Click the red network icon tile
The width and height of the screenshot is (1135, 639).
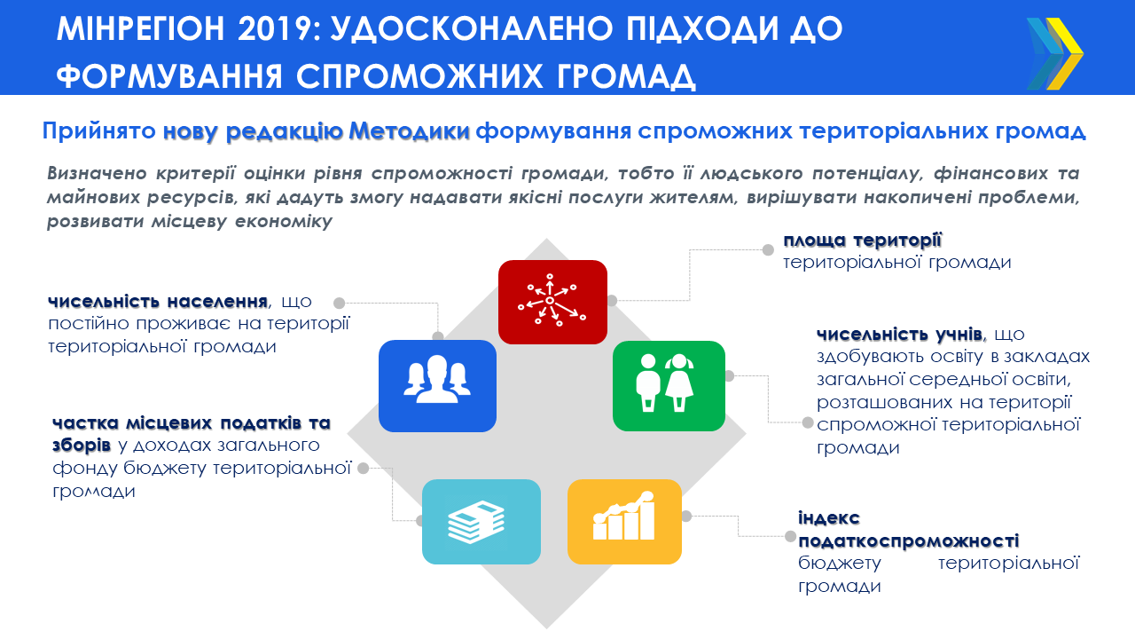tap(552, 303)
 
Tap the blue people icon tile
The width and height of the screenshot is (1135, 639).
tap(437, 386)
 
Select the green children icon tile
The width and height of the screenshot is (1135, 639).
tap(669, 386)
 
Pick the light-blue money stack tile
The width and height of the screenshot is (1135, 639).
tap(481, 522)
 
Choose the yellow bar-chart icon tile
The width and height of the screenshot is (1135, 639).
tap(624, 522)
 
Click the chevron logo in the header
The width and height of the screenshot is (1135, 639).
tap(1054, 54)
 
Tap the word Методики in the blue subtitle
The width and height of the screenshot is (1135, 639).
tap(409, 131)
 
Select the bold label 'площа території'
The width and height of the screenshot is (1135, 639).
tap(863, 240)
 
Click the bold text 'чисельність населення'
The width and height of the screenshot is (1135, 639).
tap(158, 301)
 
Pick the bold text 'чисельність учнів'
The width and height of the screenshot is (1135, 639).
tap(899, 335)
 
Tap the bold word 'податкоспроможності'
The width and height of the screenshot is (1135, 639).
tap(909, 540)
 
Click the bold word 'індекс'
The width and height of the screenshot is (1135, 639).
tap(829, 517)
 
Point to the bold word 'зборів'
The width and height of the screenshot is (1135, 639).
tap(82, 446)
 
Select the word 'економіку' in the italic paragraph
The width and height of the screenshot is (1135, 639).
tap(284, 222)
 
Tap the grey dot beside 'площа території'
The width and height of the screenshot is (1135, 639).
tap(768, 249)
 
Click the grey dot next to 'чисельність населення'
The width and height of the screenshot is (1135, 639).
tap(339, 303)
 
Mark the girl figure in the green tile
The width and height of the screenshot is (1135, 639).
tap(679, 383)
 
